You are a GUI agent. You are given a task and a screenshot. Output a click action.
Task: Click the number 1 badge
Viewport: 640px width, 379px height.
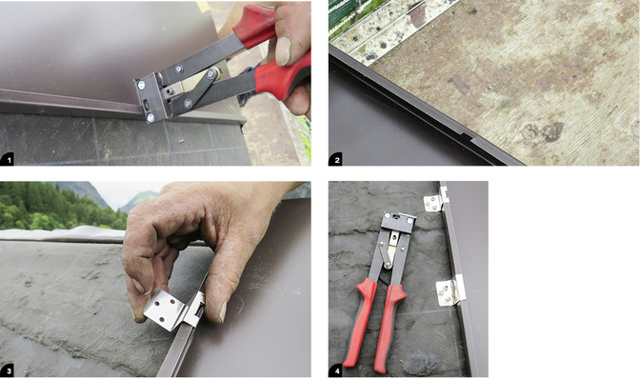coord(7,159)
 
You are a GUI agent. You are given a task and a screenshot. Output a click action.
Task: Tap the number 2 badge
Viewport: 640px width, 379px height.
coord(335,159)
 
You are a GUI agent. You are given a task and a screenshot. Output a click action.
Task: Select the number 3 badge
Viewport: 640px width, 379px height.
coord(7,370)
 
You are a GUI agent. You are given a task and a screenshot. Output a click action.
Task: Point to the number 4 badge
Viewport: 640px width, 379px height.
coord(335,370)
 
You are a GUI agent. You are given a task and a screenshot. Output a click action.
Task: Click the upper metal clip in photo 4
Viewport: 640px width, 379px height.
coord(436,200)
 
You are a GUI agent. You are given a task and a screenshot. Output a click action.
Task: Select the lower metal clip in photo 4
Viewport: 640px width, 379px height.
coord(450,290)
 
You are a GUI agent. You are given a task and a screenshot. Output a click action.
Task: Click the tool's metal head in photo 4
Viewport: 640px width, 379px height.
coord(398,223)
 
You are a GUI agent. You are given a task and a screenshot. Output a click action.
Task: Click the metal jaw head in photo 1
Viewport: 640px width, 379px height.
coord(151,97)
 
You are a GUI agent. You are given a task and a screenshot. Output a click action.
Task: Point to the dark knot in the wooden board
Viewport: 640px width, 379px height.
coord(553,131)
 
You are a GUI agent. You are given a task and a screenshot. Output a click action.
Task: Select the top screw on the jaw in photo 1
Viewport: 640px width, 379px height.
coord(141,85)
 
